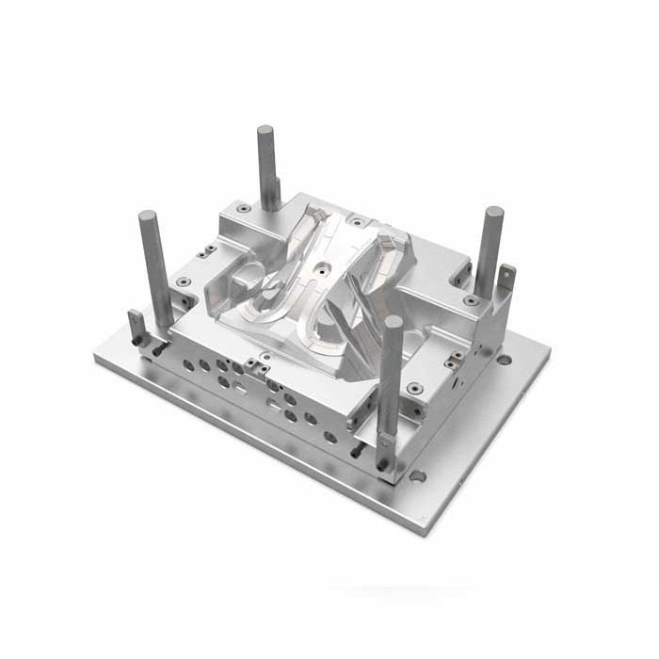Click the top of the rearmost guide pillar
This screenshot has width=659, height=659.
tap(265, 131)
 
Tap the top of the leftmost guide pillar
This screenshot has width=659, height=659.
tap(148, 217)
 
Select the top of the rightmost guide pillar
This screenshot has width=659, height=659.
tap(494, 213)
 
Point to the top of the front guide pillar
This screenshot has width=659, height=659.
tap(393, 322)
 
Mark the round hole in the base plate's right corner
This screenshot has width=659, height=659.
tap(505, 360)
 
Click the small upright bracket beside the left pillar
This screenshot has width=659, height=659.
tap(137, 326)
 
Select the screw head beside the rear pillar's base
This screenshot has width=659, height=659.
tap(244, 208)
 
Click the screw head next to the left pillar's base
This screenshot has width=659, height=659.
tap(182, 281)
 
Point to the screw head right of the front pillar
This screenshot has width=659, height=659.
tap(415, 387)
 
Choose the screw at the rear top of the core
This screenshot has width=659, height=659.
tap(357, 223)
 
